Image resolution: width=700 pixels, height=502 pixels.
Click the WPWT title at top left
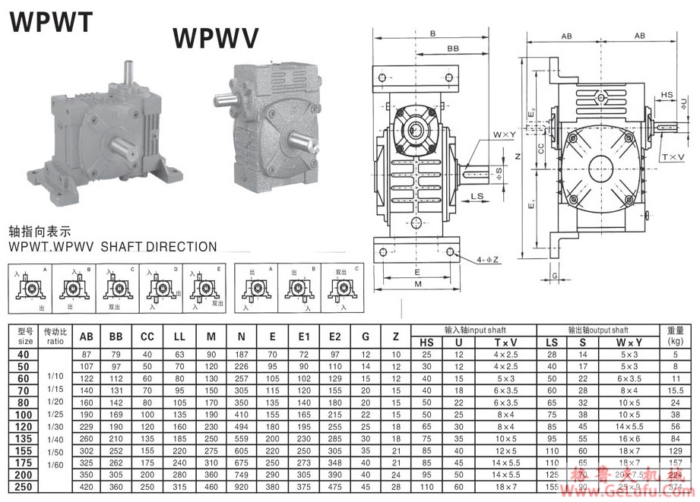click(51, 21)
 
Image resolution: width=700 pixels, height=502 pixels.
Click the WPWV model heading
click(216, 36)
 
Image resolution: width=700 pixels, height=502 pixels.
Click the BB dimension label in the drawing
click(453, 48)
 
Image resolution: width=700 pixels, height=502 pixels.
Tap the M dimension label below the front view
click(418, 284)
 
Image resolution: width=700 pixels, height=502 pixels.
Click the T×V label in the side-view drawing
click(672, 157)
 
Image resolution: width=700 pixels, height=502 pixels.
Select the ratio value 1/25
click(55, 415)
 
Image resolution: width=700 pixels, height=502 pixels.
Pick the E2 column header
click(334, 336)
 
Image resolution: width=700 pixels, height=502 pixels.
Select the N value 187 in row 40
click(242, 355)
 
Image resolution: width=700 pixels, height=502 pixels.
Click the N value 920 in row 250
click(242, 486)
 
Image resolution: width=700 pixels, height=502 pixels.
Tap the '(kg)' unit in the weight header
click(676, 342)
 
